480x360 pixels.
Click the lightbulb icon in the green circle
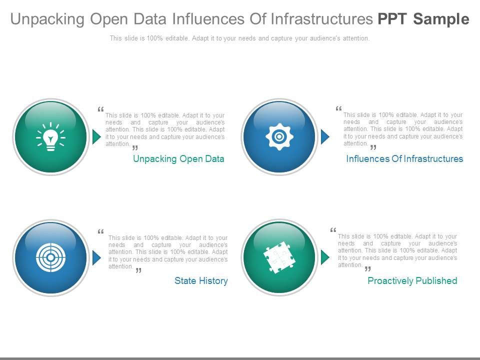point(50,137)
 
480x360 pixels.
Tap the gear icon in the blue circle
point(279,136)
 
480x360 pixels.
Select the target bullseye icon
point(50,257)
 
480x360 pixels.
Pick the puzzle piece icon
point(279,257)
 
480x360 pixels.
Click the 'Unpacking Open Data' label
point(178,159)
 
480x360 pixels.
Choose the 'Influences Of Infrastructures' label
point(404,159)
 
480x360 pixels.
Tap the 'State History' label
point(201,281)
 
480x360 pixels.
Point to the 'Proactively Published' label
point(412,281)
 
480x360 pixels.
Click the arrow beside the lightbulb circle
point(96,136)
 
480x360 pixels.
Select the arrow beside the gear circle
point(325,136)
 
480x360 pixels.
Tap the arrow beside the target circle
point(96,257)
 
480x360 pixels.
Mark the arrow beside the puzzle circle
point(325,257)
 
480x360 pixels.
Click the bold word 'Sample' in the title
point(441,19)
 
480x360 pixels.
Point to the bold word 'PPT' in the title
point(392,19)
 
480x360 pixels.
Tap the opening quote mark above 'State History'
point(100,232)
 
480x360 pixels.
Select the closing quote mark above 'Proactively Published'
point(368,268)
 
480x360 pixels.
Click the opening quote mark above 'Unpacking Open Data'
point(100,109)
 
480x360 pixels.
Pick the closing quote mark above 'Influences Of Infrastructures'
point(373,147)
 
